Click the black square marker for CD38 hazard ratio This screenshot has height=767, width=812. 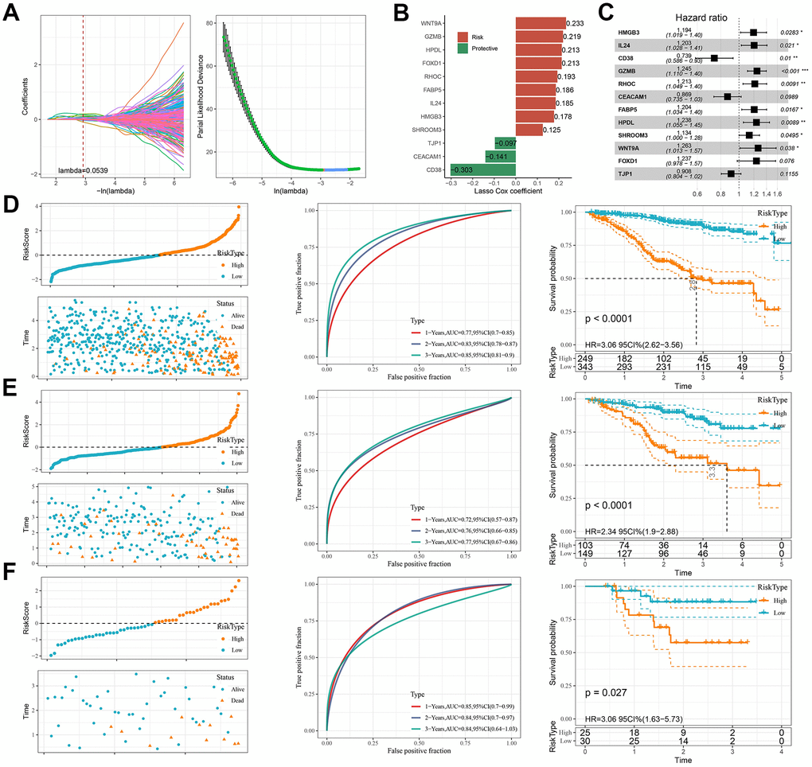pos(714,57)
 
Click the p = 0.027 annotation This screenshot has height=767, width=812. pos(611,693)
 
